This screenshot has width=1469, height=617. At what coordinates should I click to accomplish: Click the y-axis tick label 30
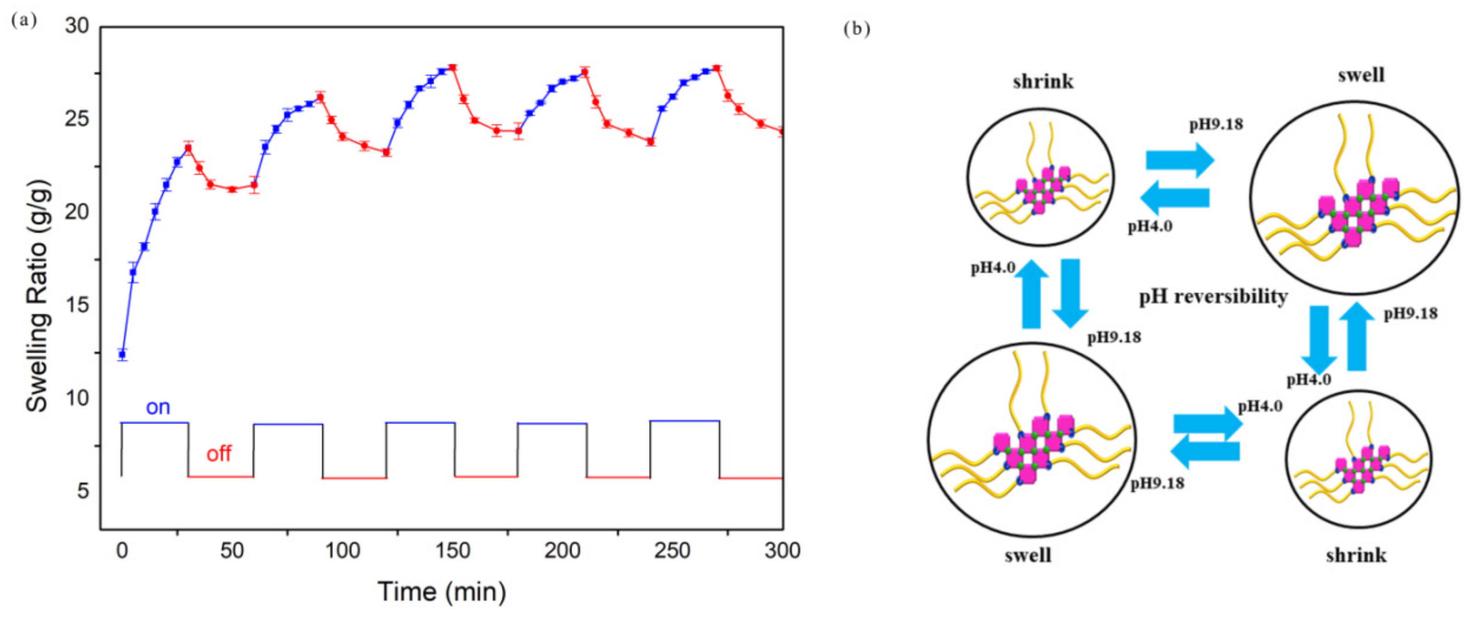[77, 26]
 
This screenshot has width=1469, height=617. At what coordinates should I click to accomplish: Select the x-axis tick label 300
[782, 551]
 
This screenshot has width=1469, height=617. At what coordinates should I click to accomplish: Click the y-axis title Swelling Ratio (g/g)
[38, 297]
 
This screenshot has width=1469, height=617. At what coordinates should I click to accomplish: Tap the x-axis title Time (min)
[442, 592]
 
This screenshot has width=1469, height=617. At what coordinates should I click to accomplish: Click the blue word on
[158, 407]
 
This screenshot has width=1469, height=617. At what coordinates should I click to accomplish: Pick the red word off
[218, 454]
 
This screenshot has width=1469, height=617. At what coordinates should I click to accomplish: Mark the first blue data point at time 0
[122, 355]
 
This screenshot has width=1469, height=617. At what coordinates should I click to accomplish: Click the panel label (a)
[24, 21]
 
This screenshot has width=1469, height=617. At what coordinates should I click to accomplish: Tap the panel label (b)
[856, 28]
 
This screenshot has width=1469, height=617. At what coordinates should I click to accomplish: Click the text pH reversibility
[1213, 297]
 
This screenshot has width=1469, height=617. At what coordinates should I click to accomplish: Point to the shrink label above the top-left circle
[1043, 82]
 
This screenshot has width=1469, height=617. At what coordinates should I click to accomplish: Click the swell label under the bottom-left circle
[1028, 555]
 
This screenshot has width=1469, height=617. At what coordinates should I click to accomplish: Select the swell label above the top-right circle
[1361, 75]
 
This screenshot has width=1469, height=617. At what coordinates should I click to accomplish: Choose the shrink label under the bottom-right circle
[1356, 555]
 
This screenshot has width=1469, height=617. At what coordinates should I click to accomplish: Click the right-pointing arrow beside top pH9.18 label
[1180, 160]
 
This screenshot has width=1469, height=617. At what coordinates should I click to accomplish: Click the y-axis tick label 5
[83, 491]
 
